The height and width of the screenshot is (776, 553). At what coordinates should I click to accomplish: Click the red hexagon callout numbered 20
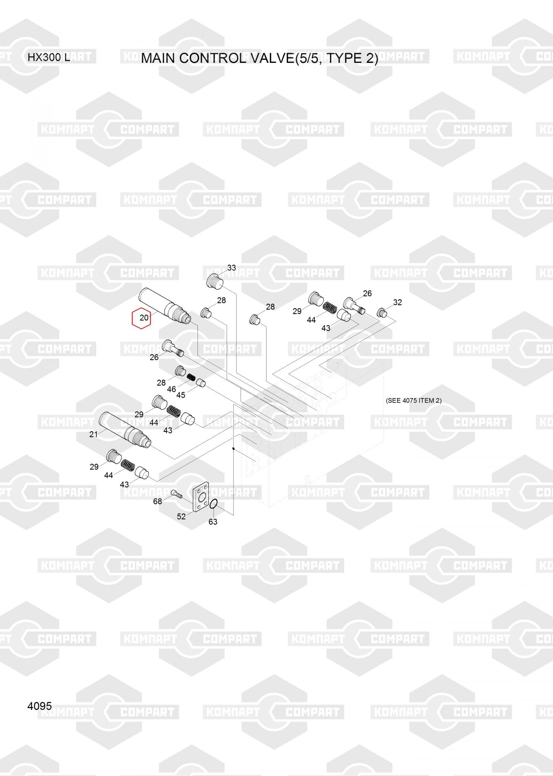(x=141, y=318)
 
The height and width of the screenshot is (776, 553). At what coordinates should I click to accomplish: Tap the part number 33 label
(x=231, y=268)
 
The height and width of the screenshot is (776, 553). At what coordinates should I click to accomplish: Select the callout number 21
(x=94, y=435)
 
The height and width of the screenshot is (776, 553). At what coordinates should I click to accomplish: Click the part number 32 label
(x=397, y=302)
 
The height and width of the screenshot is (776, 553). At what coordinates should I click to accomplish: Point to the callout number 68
(x=158, y=502)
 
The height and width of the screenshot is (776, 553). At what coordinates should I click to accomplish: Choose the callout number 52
(x=181, y=517)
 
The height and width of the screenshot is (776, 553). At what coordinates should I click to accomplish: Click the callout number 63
(x=213, y=522)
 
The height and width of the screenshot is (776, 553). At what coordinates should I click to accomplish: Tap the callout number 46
(x=171, y=389)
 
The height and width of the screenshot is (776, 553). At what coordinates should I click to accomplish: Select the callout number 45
(x=180, y=395)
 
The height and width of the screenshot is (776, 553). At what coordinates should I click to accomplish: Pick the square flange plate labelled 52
(x=201, y=497)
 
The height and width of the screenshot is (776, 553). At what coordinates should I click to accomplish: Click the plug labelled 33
(x=214, y=281)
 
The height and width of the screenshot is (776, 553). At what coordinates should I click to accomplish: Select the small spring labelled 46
(x=191, y=377)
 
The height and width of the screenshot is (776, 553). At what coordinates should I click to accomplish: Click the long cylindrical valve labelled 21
(x=125, y=430)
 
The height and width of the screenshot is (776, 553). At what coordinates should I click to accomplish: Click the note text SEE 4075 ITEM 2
(x=414, y=400)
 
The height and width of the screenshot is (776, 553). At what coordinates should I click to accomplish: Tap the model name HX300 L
(x=49, y=57)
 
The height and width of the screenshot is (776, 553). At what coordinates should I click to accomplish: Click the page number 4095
(x=40, y=706)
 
